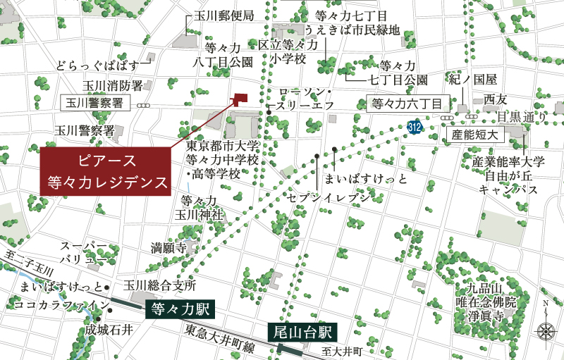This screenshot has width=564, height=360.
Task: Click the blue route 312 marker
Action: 415,125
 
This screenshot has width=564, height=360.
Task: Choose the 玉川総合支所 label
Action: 159,285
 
